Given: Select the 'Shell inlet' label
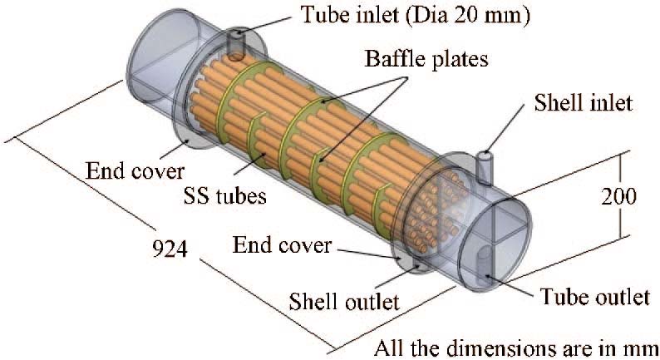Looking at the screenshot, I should click(x=584, y=104).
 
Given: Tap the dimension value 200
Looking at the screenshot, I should click(x=619, y=197).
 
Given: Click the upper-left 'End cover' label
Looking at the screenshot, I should click(x=135, y=172).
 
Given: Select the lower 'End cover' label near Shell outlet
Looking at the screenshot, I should click(x=283, y=245).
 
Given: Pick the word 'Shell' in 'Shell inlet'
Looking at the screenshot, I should click(x=559, y=104).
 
